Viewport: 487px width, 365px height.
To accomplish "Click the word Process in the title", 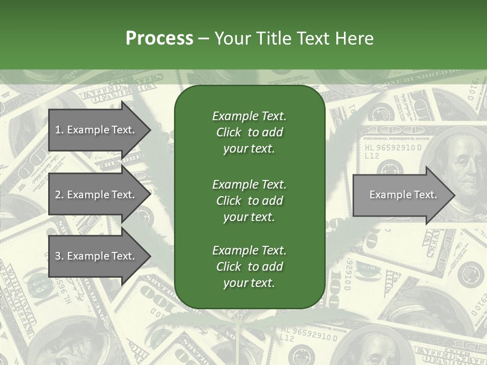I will [159, 39].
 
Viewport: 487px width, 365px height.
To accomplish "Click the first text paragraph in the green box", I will [249, 132].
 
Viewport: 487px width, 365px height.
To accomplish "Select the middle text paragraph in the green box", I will [249, 200].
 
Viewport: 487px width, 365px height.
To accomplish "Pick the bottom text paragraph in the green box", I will [249, 267].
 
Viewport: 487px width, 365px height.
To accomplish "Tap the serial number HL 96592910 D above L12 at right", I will [393, 148].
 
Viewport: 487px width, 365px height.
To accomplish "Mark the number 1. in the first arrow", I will [59, 130].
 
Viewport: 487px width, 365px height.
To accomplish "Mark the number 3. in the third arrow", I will [59, 256].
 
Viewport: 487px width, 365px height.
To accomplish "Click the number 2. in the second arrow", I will [59, 195].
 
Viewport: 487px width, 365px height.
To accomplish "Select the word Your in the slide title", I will [231, 39].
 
